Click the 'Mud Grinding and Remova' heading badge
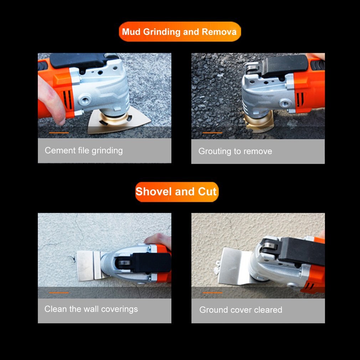coord(180,32)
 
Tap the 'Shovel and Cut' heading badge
coord(176,192)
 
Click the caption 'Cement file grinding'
coord(84,150)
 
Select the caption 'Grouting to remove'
coord(235,151)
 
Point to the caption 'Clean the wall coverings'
coord(91,309)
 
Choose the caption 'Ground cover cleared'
coord(241,310)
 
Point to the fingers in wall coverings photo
coord(159,240)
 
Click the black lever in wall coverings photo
coord(151,263)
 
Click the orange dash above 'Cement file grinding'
coord(59,133)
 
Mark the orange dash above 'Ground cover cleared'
coord(212,293)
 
